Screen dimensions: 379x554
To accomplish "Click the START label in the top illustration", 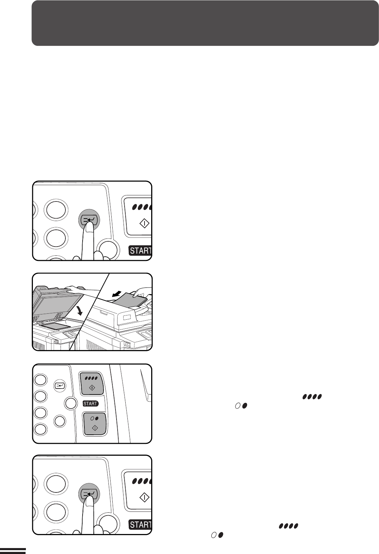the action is pos(140,250).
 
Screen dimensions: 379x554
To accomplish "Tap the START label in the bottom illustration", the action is pos(140,525).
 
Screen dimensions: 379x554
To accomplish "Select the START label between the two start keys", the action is pos(91,404).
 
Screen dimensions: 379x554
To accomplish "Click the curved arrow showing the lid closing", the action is pos(80,309).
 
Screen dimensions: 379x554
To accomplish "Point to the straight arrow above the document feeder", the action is pos(117,293).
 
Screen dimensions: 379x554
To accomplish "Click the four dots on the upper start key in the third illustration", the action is pos(91,378).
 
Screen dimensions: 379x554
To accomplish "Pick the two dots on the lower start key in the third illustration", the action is pos(94,418).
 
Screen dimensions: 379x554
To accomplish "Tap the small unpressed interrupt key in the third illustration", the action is pos(60,385).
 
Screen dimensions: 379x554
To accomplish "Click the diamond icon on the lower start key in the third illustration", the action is pos(95,428).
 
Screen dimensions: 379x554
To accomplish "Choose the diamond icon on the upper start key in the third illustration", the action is pos(92,388).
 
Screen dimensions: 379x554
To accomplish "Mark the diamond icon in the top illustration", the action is pos(145,223).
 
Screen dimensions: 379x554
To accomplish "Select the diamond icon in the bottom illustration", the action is pos(145,497).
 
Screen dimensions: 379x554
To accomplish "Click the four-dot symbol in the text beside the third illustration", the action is pos(312,397).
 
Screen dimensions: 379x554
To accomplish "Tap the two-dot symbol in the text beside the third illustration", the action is pos(241,406).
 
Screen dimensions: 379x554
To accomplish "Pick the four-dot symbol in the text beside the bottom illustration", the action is pos(288,526).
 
